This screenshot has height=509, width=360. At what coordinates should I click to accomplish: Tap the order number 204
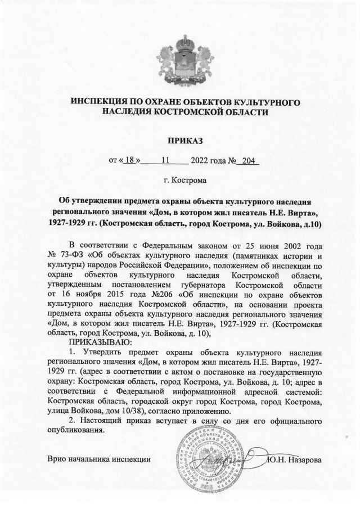pyautogui.click(x=248, y=160)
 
